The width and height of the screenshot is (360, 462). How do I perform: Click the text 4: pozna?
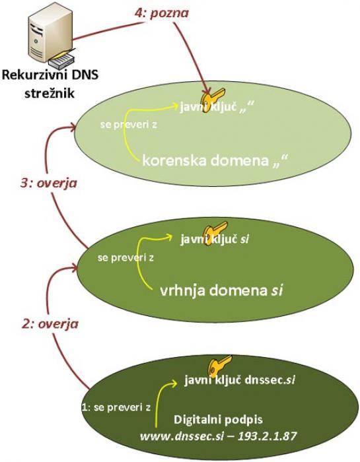(x=162, y=13)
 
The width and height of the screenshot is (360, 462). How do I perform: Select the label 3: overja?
(x=49, y=183)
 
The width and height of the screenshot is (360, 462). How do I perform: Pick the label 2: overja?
(x=50, y=324)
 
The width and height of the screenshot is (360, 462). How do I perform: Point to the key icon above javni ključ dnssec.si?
(x=220, y=364)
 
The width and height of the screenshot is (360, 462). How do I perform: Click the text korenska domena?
(x=205, y=161)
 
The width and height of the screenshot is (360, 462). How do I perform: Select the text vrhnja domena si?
(x=221, y=291)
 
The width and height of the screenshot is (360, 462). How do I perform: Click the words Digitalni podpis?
(x=218, y=419)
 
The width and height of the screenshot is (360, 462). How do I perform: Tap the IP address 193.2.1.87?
(x=267, y=436)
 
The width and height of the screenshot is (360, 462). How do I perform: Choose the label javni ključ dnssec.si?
(x=240, y=379)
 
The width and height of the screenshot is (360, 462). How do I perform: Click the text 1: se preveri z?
(x=116, y=407)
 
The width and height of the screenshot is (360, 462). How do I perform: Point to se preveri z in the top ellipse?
(x=129, y=125)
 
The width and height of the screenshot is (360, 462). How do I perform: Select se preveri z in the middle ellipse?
(x=126, y=258)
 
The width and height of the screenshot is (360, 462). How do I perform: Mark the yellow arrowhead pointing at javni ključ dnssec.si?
(x=173, y=383)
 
